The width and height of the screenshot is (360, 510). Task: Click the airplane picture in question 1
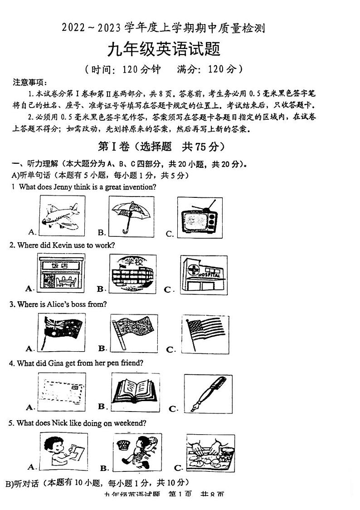(61, 216)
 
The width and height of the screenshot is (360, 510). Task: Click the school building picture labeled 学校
(132, 273)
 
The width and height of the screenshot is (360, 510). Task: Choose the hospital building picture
(204, 275)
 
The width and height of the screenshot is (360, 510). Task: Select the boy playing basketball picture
(137, 452)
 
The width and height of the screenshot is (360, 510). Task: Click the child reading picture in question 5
(62, 451)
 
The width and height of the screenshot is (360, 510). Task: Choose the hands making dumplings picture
(210, 452)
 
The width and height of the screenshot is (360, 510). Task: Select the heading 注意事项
(29, 83)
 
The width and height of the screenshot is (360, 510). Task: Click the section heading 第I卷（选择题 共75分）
(161, 147)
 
